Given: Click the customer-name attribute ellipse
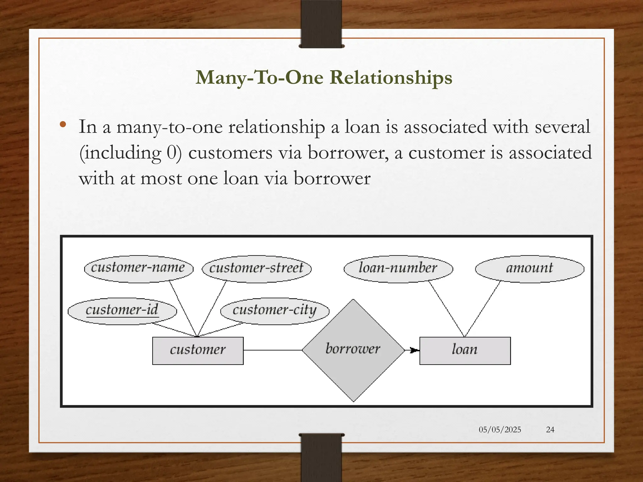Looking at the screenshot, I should pos(138,269).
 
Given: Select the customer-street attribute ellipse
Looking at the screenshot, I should pos(257,269).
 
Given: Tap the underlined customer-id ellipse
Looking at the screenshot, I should pos(122,311).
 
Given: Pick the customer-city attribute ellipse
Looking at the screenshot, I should pos(275,311).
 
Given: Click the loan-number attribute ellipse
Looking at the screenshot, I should pos(398,269).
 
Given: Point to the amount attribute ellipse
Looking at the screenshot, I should pos(530,269).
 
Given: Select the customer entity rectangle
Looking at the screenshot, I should pos(198,351).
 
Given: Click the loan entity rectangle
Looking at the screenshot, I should pos(465,351).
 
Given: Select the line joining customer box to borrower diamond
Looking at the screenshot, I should pos(273,350).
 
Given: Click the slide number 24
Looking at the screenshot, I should pos(550,430).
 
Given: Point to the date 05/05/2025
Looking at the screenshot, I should pos(500,430).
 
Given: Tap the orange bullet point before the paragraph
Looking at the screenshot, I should pos(63,125).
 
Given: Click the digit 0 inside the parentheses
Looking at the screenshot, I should pos(171,153).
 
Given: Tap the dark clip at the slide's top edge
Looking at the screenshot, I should pos(321,24).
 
